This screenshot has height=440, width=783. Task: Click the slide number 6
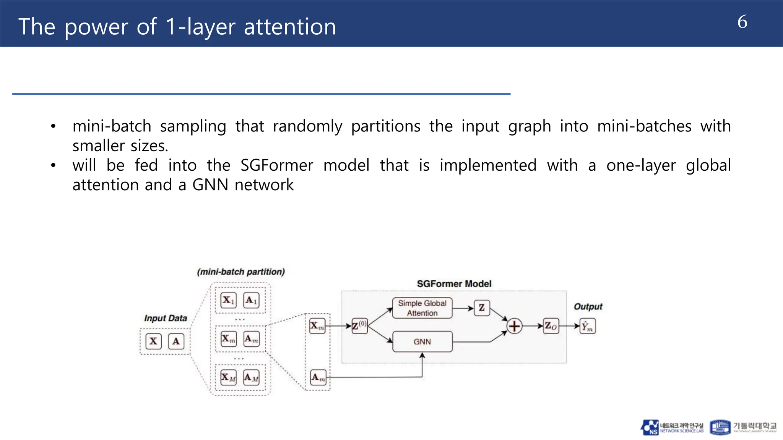[742, 22]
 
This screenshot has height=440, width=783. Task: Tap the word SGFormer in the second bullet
[277, 165]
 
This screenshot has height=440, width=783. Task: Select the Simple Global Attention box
[422, 308]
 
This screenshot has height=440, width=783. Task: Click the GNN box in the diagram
[422, 341]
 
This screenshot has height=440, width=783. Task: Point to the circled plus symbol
[514, 326]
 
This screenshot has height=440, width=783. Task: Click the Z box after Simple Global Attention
[482, 307]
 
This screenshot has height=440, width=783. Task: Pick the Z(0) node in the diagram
[359, 326]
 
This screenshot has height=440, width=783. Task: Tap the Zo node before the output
[551, 326]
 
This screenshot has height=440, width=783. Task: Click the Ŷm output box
[587, 326]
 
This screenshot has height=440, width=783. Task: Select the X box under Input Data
[153, 341]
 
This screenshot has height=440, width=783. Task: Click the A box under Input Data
[176, 341]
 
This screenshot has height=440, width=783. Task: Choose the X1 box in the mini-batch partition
[228, 300]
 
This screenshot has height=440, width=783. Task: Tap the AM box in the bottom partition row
[251, 378]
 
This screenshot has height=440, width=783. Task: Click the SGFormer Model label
[454, 284]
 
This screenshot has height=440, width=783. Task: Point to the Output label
[588, 307]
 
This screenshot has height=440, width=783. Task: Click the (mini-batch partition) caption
[241, 272]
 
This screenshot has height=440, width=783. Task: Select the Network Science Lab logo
[672, 427]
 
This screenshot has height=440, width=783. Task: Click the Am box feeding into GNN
[318, 377]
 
